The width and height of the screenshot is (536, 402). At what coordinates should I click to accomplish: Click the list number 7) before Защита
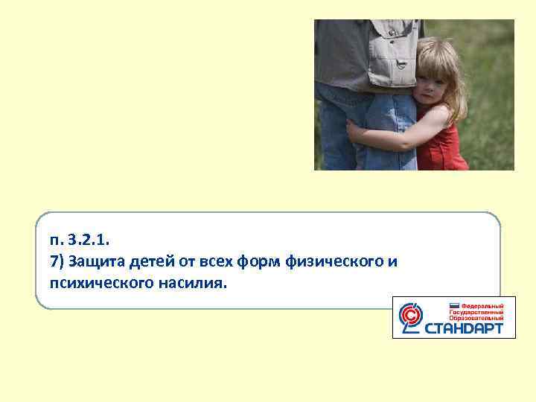(x=58, y=261)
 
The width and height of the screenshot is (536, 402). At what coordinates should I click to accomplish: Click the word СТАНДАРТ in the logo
(x=464, y=328)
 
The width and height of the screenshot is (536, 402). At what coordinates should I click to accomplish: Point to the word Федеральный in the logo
(x=483, y=306)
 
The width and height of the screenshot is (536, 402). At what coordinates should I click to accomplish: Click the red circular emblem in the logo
(x=410, y=317)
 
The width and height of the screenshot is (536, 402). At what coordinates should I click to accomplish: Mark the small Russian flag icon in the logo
(x=455, y=306)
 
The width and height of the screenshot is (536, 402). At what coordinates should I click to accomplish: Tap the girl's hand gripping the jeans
(x=356, y=133)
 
